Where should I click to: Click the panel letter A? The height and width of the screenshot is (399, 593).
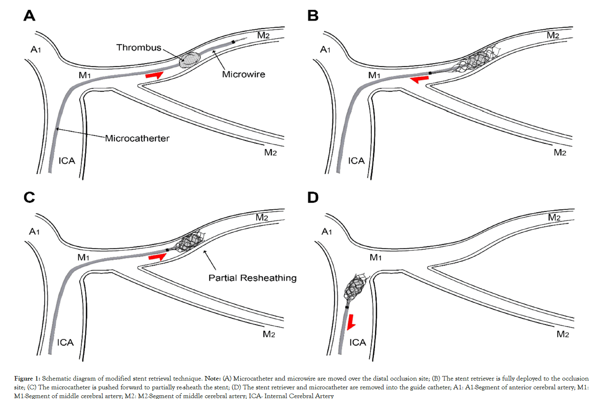click(29, 16)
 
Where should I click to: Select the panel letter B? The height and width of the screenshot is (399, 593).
click(313, 16)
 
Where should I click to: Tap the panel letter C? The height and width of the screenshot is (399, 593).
click(29, 197)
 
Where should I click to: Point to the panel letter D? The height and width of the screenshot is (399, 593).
click(313, 197)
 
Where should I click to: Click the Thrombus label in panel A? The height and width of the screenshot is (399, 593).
click(138, 48)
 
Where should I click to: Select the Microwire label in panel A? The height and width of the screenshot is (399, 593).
click(243, 74)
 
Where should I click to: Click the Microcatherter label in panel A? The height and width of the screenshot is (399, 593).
click(137, 138)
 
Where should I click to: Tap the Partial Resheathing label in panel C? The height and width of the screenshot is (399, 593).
click(252, 278)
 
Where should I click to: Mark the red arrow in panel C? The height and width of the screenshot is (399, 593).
click(157, 257)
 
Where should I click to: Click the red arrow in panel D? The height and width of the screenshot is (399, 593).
click(351, 321)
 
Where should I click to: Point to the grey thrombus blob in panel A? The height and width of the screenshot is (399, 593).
click(189, 60)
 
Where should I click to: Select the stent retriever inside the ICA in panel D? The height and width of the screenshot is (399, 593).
click(355, 288)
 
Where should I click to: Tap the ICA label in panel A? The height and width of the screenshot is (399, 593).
click(66, 161)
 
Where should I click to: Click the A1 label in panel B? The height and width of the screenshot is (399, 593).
click(325, 50)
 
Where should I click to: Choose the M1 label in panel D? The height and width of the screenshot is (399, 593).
click(375, 258)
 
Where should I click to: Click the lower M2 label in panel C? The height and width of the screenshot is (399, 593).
click(269, 334)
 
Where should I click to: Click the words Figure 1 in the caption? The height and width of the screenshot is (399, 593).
click(27, 379)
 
